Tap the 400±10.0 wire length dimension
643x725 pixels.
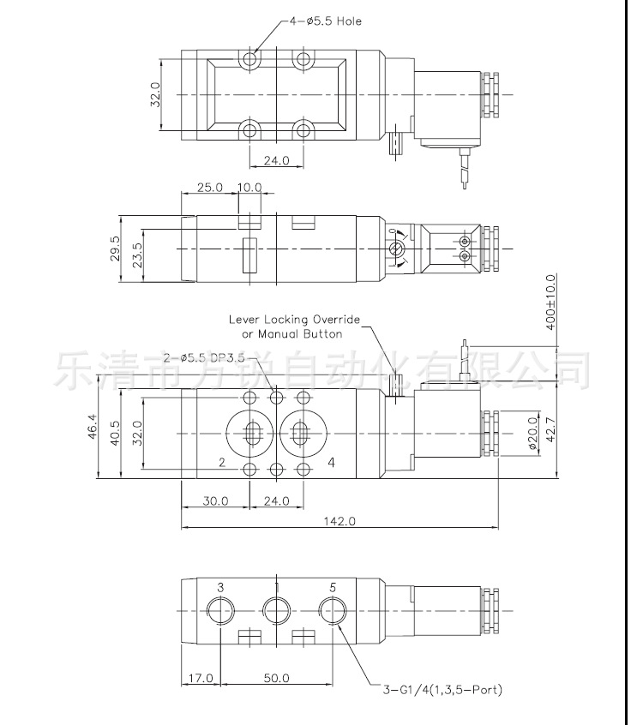tap(550, 303)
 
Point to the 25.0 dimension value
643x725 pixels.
tap(209, 187)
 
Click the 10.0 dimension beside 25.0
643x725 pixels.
tap(249, 187)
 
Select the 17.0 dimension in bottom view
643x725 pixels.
tap(200, 678)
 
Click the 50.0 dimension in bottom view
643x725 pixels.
tap(276, 678)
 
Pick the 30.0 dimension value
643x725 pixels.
tap(214, 500)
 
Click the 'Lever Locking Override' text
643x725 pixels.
tap(295, 319)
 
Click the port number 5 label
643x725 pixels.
tap(332, 588)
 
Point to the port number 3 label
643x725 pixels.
tap(220, 588)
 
